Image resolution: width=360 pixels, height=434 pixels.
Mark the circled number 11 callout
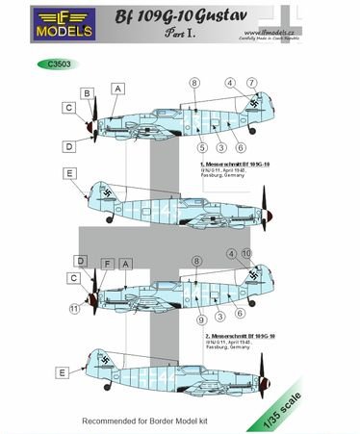tap(74, 308)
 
